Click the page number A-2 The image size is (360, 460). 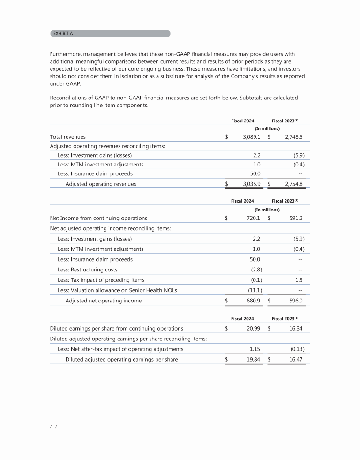(x=53, y=427)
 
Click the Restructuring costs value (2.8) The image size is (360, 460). (x=254, y=270)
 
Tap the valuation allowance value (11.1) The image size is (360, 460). (x=253, y=290)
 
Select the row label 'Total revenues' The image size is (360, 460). (x=67, y=137)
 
